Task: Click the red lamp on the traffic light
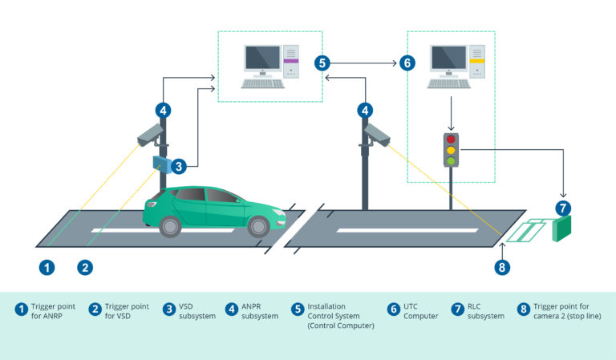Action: click(x=451, y=139)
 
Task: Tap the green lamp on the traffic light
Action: click(x=451, y=160)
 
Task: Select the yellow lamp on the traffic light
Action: click(x=451, y=150)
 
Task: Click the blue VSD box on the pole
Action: click(x=161, y=164)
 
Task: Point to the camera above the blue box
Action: click(x=151, y=135)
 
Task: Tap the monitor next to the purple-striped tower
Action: click(x=262, y=59)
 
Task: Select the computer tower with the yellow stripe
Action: click(x=476, y=61)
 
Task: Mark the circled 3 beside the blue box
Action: click(x=180, y=166)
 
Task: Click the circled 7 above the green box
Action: click(x=564, y=208)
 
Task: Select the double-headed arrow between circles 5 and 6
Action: click(x=364, y=63)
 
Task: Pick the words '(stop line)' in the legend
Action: click(x=580, y=316)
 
